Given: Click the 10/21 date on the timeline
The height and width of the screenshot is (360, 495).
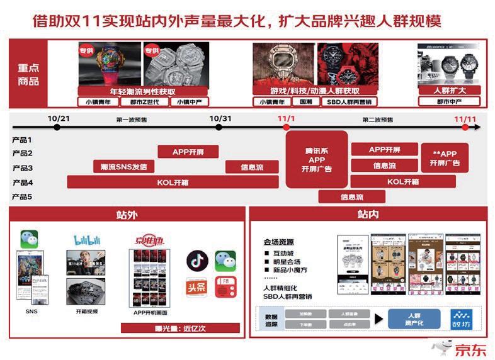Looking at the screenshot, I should coord(58,118).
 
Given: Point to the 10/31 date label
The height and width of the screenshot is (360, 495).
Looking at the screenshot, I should coord(220,118).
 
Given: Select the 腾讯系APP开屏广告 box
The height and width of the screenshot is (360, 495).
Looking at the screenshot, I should coord(317,159).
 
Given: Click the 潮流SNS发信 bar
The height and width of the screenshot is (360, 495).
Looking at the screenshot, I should coord(123,167).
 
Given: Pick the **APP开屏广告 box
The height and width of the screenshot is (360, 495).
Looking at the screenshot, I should coord(445,159).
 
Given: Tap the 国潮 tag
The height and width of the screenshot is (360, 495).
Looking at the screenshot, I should coord(305,102).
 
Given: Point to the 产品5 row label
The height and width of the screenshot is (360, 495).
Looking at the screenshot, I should coord(21,198).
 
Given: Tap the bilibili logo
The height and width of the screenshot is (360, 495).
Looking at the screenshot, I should coord(86,240).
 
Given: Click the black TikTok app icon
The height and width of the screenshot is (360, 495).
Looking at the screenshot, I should coord(196,261).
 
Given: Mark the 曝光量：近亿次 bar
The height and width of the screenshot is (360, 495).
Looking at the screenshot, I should coord(180,328).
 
